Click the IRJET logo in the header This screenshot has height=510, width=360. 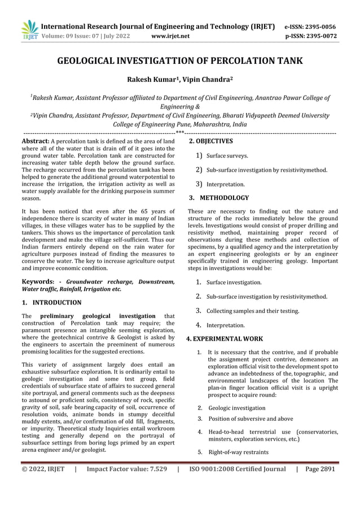(x=30, y=30)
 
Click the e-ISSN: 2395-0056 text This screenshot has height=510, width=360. (x=310, y=27)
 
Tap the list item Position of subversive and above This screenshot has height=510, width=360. (x=251, y=419)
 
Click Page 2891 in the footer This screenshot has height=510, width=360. (x=320, y=469)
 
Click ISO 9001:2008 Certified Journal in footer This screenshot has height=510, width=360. (x=238, y=469)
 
